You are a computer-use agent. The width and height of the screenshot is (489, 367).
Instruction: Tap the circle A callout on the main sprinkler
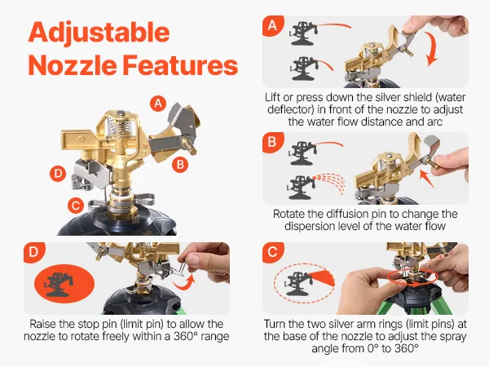click(158, 104)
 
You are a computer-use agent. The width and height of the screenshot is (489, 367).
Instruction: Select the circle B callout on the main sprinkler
click(180, 164)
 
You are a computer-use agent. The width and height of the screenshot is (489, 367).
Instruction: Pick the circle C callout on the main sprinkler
click(76, 206)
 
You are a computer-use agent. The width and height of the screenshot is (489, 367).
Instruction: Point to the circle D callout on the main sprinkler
click(58, 174)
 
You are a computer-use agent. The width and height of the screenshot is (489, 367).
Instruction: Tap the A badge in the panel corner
click(272, 25)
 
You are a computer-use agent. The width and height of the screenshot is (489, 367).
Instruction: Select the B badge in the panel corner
click(272, 142)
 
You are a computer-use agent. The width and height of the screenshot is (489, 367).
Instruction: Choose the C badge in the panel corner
click(272, 252)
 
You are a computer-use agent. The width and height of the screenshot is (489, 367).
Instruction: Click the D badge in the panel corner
click(33, 252)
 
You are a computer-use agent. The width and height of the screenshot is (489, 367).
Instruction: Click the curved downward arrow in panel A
click(433, 50)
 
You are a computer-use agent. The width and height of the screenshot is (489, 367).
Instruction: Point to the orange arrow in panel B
click(426, 179)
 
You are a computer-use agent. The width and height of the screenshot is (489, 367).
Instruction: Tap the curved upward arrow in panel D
click(184, 282)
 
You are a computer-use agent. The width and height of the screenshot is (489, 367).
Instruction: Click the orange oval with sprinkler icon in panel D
click(64, 283)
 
